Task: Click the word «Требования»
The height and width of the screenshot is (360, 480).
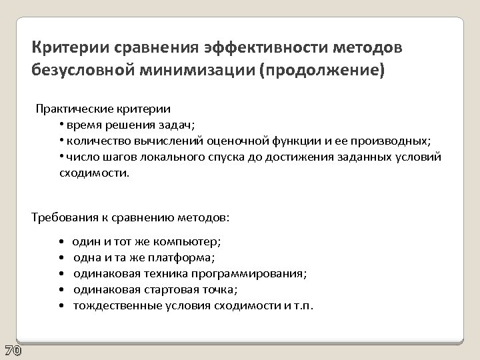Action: [61, 217]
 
